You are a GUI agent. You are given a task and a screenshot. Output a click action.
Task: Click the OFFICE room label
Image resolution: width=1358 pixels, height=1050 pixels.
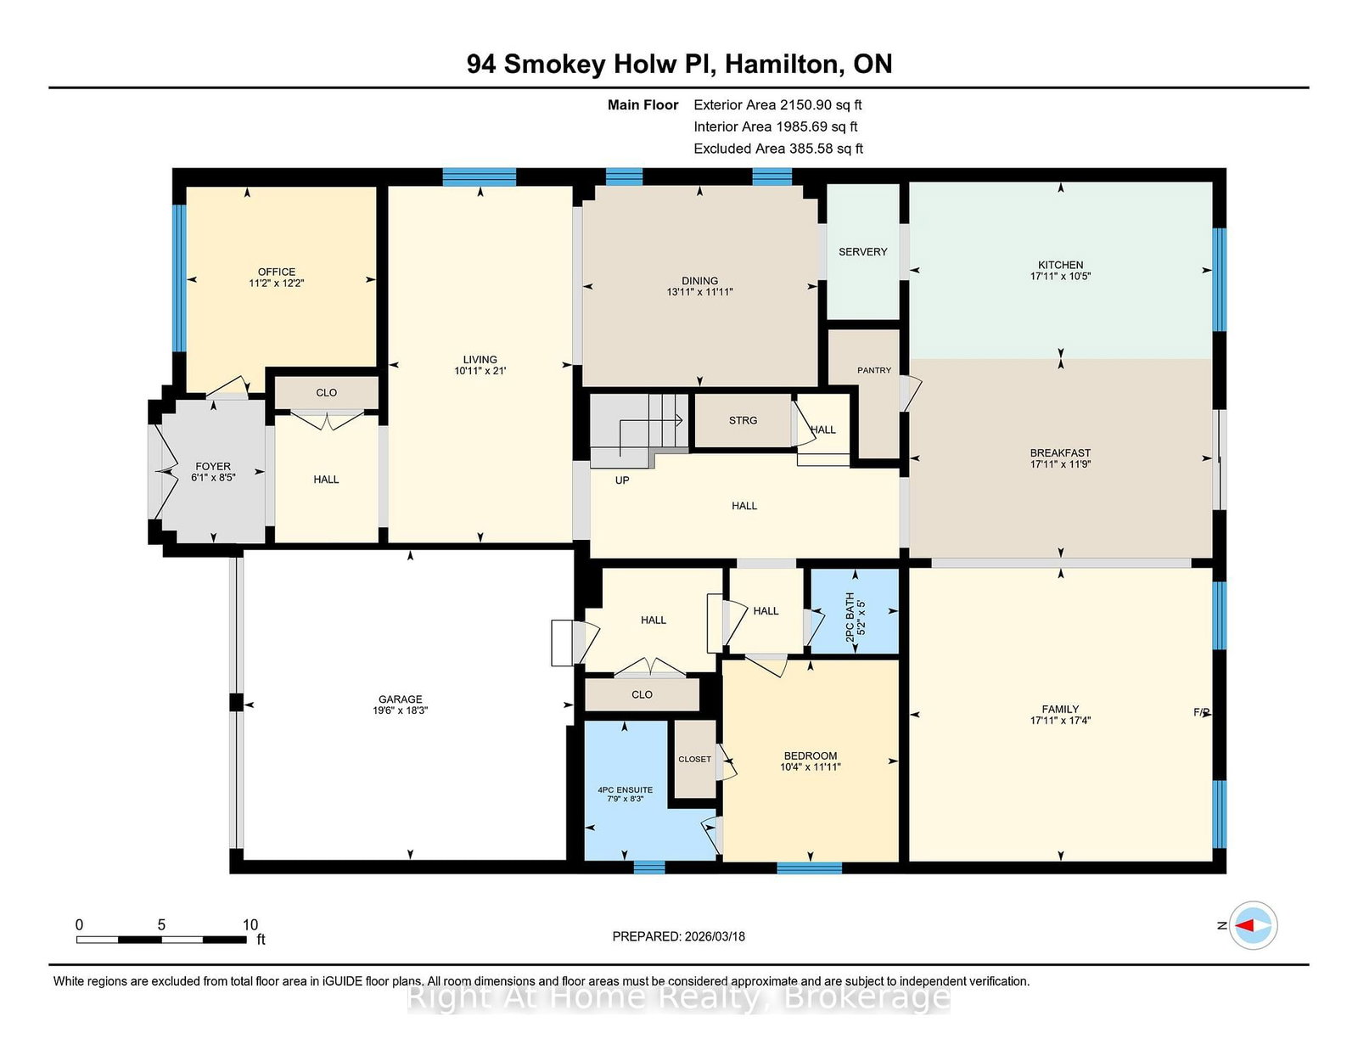tap(277, 272)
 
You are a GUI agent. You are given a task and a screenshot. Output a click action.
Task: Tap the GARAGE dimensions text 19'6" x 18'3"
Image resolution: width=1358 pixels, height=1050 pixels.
tap(400, 710)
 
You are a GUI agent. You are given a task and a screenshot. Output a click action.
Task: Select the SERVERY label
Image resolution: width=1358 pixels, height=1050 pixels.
tap(862, 252)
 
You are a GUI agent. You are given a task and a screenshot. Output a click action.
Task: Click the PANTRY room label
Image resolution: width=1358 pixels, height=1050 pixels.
tap(874, 370)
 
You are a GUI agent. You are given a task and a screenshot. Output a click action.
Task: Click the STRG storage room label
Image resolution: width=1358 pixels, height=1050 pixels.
tap(743, 420)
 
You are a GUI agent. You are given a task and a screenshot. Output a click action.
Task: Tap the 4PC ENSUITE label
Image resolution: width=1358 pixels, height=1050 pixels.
tap(626, 790)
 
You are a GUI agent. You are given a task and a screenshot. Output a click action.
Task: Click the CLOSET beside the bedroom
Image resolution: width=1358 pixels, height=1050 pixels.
tap(694, 759)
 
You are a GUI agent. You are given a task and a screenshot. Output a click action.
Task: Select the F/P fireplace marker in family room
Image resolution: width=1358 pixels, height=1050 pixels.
tap(1201, 712)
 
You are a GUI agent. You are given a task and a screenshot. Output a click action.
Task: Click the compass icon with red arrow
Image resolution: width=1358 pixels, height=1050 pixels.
tap(1253, 925)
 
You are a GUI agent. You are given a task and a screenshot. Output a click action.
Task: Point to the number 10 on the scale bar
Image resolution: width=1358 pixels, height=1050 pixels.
tap(250, 925)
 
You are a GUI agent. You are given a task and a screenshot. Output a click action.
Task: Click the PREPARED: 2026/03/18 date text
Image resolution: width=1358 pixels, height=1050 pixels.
tap(678, 936)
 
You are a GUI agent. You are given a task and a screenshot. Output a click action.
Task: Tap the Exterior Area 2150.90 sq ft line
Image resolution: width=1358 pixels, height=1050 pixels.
tap(777, 105)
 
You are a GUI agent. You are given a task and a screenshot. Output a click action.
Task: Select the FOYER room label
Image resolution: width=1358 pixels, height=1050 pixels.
tap(213, 466)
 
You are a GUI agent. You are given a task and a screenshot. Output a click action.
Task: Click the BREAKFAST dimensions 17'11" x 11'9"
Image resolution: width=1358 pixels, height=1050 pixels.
tap(1060, 464)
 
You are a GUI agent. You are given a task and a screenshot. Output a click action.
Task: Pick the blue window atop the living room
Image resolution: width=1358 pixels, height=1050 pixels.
tap(480, 177)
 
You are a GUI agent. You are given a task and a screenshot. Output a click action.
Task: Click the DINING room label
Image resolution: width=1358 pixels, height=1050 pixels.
tap(699, 280)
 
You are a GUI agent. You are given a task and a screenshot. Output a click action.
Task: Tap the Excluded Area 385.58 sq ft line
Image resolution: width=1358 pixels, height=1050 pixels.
tap(778, 149)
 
